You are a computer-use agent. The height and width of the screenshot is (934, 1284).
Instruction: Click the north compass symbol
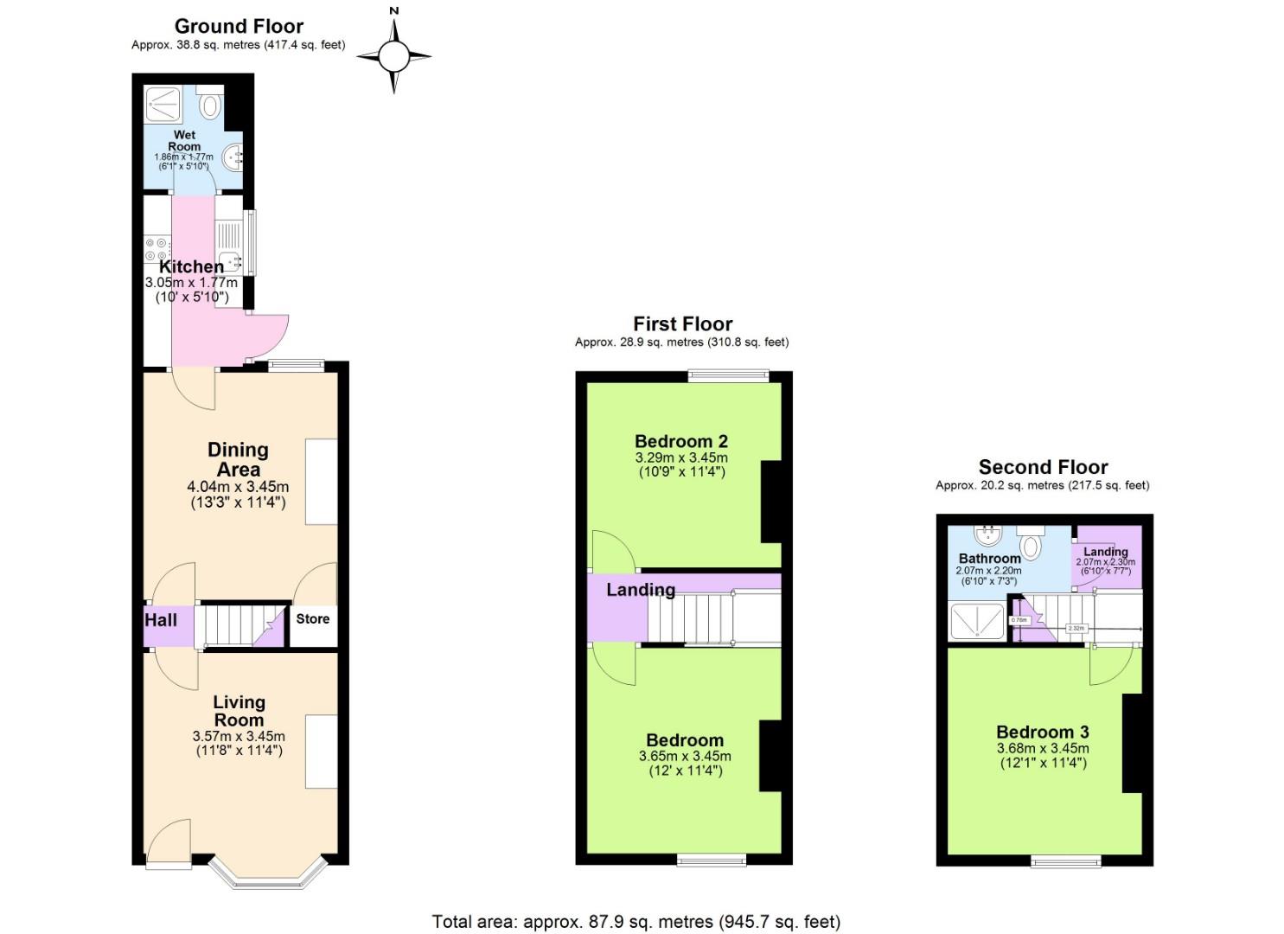[x=393, y=55]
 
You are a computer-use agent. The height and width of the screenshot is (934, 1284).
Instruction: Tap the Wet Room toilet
[x=210, y=106]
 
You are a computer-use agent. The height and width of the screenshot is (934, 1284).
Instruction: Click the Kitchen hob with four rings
[x=157, y=250]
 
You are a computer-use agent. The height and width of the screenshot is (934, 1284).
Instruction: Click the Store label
[x=312, y=619]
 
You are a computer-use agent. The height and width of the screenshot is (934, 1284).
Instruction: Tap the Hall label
[x=161, y=620]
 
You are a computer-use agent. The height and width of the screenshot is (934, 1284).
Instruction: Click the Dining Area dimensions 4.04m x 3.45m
[x=238, y=487]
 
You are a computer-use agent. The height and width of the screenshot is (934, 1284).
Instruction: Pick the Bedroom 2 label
[x=680, y=441]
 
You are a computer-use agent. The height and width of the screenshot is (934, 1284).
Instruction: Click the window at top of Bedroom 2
[x=728, y=375]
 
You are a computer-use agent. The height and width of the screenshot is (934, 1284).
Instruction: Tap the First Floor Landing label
[x=640, y=590]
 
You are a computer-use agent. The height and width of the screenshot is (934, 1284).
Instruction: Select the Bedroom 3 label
[x=1042, y=732]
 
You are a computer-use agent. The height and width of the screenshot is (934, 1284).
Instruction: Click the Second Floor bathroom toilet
[x=1031, y=544]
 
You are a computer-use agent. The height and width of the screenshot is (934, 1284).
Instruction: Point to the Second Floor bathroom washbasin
[x=987, y=536]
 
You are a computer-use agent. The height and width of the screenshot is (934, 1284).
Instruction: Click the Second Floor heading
[x=1043, y=467]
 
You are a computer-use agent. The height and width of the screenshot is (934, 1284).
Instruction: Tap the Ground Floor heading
[x=239, y=26]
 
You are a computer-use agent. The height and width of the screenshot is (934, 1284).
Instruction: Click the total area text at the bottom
[x=636, y=922]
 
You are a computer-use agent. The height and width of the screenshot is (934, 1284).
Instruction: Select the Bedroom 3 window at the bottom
[x=1066, y=861]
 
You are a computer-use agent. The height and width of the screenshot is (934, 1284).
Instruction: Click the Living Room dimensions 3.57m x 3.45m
[x=239, y=737]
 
